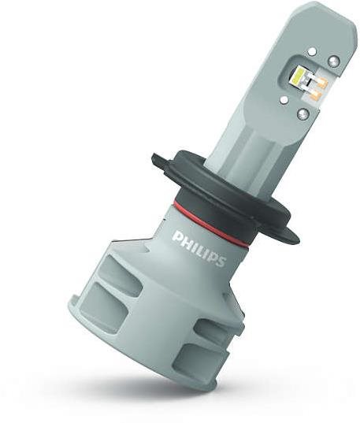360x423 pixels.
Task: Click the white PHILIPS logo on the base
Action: coord(199,248)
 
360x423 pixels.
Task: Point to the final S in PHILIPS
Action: coord(221,261)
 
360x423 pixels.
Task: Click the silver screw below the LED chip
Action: coord(302,114)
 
